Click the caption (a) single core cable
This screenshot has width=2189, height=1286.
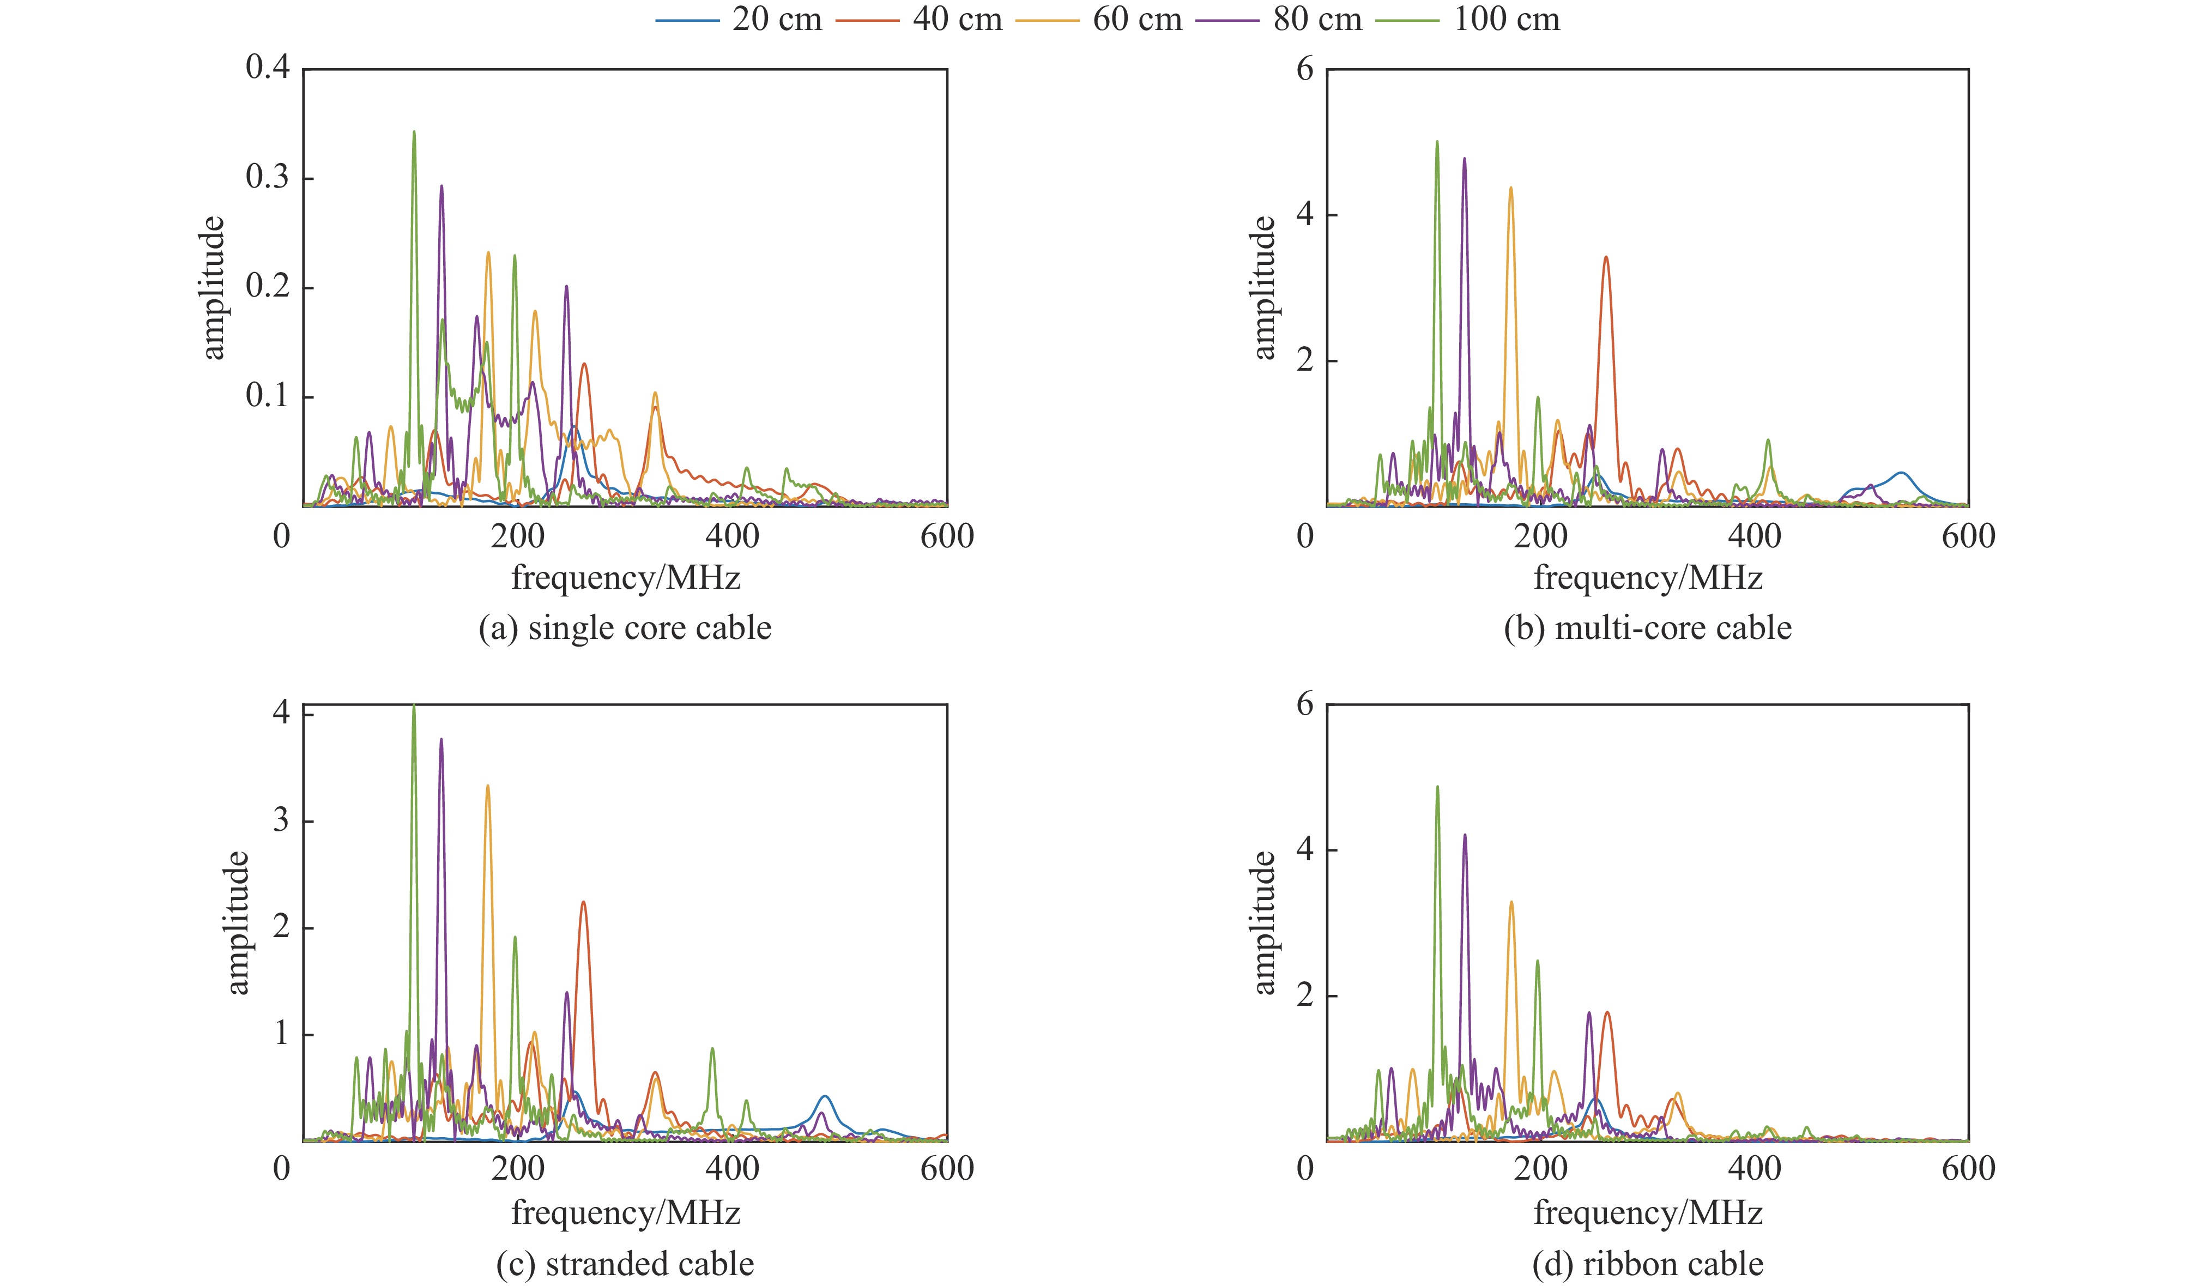[x=625, y=627]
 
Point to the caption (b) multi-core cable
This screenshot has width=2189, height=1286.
[x=1648, y=627]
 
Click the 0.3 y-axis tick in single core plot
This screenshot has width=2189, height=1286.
[x=268, y=178]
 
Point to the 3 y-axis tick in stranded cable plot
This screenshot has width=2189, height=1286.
[x=281, y=821]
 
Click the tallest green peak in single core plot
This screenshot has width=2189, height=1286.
[x=414, y=132]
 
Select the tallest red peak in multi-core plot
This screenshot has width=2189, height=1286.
[x=1606, y=257]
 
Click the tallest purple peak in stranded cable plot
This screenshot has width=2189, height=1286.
[x=442, y=739]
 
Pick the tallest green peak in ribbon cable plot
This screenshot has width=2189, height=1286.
[x=1437, y=787]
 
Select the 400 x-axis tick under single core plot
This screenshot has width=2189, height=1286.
[x=732, y=536]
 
